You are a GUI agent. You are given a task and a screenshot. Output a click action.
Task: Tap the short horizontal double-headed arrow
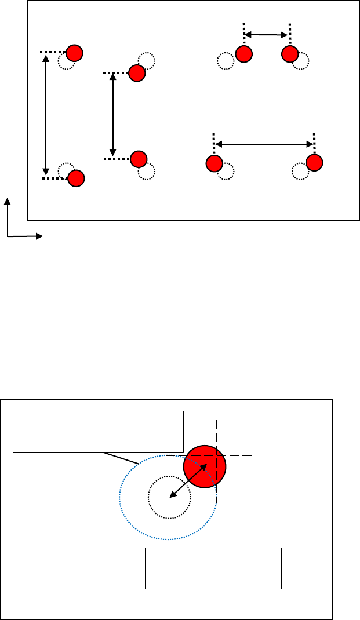[x=267, y=35]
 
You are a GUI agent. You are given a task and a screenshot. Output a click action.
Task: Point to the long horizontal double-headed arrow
[x=264, y=144]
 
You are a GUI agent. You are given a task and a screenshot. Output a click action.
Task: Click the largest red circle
[x=204, y=467]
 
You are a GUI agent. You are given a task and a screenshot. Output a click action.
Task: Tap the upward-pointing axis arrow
[x=8, y=214]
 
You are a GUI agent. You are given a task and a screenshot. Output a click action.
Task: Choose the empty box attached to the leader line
[x=98, y=431]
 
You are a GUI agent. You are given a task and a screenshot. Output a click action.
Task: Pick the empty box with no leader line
[x=213, y=568]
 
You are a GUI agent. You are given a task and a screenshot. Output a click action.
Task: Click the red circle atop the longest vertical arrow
[x=74, y=53]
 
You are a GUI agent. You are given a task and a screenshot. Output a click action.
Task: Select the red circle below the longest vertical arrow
[x=76, y=178]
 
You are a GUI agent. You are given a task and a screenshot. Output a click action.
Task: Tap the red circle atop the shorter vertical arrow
[x=137, y=73]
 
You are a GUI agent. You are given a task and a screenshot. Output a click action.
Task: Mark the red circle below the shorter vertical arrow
[x=139, y=158]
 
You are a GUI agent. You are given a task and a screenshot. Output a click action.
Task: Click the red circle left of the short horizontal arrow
[x=244, y=54]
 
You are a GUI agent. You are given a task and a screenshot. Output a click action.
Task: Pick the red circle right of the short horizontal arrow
[x=289, y=54]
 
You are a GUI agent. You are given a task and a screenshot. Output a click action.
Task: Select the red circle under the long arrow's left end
[x=214, y=163]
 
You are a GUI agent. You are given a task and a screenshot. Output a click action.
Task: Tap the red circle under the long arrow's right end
[x=314, y=163]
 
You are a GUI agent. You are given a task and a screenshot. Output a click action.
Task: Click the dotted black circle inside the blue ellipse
[x=169, y=497]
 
